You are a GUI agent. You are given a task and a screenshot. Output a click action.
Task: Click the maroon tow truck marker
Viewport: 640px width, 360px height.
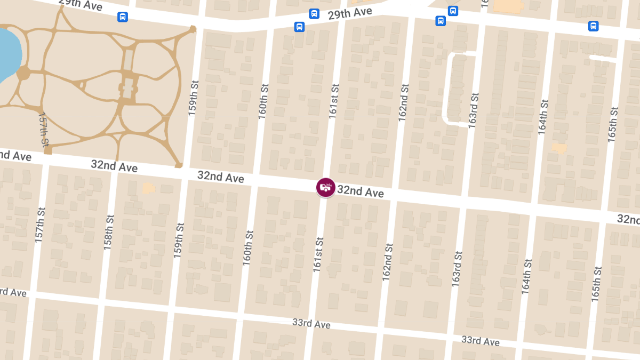tap(326, 187)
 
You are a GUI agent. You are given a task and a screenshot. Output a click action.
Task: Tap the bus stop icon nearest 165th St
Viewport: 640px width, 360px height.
tap(593, 26)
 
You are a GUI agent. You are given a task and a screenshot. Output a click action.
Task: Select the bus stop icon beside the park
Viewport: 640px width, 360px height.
tap(123, 17)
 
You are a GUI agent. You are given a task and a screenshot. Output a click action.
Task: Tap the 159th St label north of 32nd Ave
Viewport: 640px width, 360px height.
tap(193, 99)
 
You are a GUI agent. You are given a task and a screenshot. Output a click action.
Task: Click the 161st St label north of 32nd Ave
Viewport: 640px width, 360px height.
tap(334, 101)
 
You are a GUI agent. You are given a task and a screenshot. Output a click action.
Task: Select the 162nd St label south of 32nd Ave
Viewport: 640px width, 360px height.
tap(387, 262)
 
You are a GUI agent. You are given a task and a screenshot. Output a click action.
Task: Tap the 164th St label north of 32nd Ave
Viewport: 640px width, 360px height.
tap(543, 117)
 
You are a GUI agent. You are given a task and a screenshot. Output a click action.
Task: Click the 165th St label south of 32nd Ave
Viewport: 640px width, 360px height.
tap(596, 283)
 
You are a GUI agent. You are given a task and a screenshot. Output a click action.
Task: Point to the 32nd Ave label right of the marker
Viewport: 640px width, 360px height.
tap(360, 191)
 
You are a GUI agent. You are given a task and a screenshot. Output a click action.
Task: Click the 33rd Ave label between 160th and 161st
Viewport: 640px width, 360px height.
tap(311, 324)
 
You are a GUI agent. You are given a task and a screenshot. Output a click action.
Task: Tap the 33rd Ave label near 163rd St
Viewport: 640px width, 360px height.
tap(480, 341)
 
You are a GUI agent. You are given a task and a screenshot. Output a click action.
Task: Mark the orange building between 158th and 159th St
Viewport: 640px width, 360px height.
tap(148, 188)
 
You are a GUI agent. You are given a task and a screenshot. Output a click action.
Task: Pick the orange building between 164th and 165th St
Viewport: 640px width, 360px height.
tap(558, 148)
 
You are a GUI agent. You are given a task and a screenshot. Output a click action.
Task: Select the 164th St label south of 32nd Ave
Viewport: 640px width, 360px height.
tap(527, 276)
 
